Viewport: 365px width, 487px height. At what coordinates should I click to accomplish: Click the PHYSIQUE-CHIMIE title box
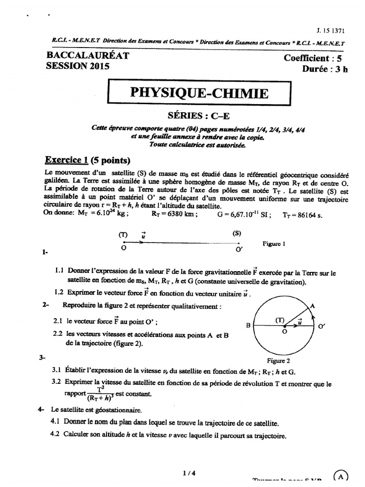[198, 92]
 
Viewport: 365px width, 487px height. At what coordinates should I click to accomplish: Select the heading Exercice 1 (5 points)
[87, 159]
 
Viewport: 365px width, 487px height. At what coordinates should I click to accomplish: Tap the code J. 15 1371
[330, 30]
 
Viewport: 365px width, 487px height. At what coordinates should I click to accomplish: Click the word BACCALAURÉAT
[87, 56]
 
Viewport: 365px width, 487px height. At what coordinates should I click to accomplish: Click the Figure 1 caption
[273, 243]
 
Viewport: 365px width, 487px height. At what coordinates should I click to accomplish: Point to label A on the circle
[312, 307]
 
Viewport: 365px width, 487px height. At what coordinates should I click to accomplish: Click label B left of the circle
[248, 326]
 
